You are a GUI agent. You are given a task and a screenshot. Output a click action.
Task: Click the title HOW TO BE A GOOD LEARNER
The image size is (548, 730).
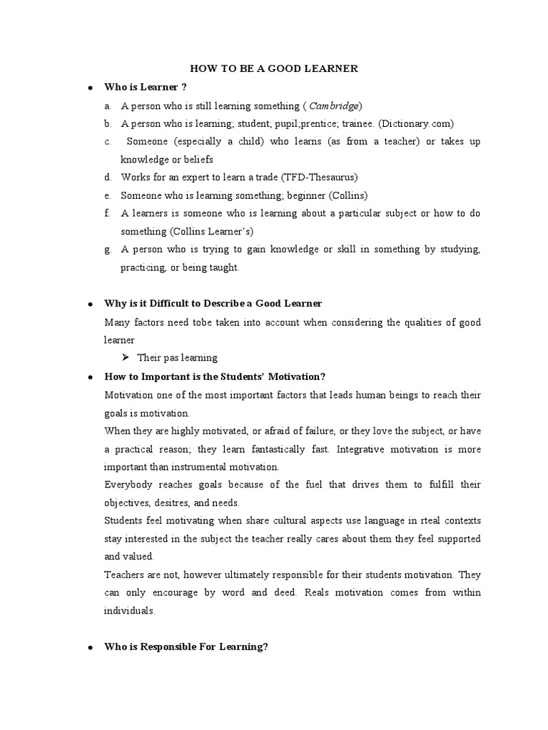pos(273,68)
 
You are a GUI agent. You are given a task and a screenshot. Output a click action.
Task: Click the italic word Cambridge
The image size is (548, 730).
pos(334,106)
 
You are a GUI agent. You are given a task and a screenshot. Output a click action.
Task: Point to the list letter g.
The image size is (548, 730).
pos(107,250)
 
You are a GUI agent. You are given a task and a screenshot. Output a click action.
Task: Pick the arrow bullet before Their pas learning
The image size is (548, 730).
pos(126,357)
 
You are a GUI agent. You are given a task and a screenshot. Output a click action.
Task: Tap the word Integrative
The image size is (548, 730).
pos(361,450)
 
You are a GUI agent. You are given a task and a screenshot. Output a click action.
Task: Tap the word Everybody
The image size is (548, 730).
pos(128,485)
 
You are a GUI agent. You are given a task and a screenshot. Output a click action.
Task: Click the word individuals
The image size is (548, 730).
pos(129,610)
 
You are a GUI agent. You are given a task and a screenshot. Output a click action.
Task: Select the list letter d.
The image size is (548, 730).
pos(107,177)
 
